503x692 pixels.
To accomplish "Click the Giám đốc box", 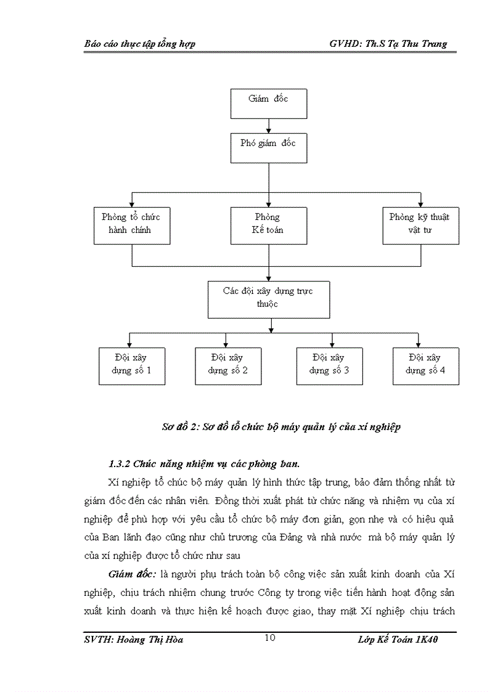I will [x=268, y=104].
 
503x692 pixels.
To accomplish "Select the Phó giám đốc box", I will [x=268, y=148].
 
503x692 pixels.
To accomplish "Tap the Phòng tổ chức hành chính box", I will [x=131, y=226].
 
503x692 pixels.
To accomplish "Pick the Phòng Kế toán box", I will [x=268, y=226].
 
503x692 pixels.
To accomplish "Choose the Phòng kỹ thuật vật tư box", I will [x=420, y=226].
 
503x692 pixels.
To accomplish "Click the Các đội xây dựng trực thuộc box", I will [x=268, y=299].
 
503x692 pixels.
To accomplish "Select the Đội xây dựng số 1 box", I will [x=131, y=366].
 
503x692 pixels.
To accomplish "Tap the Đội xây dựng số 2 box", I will [x=228, y=366].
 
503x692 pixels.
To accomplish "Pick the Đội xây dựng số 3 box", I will [x=329, y=366].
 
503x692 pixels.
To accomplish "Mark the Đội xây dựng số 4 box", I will [x=425, y=366].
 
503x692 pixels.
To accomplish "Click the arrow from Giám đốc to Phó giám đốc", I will [x=269, y=126].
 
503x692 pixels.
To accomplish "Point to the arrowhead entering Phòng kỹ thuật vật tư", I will [x=420, y=203].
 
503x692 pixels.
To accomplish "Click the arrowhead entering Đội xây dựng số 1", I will [x=129, y=344].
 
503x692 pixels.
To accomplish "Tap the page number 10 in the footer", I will [x=269, y=638].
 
